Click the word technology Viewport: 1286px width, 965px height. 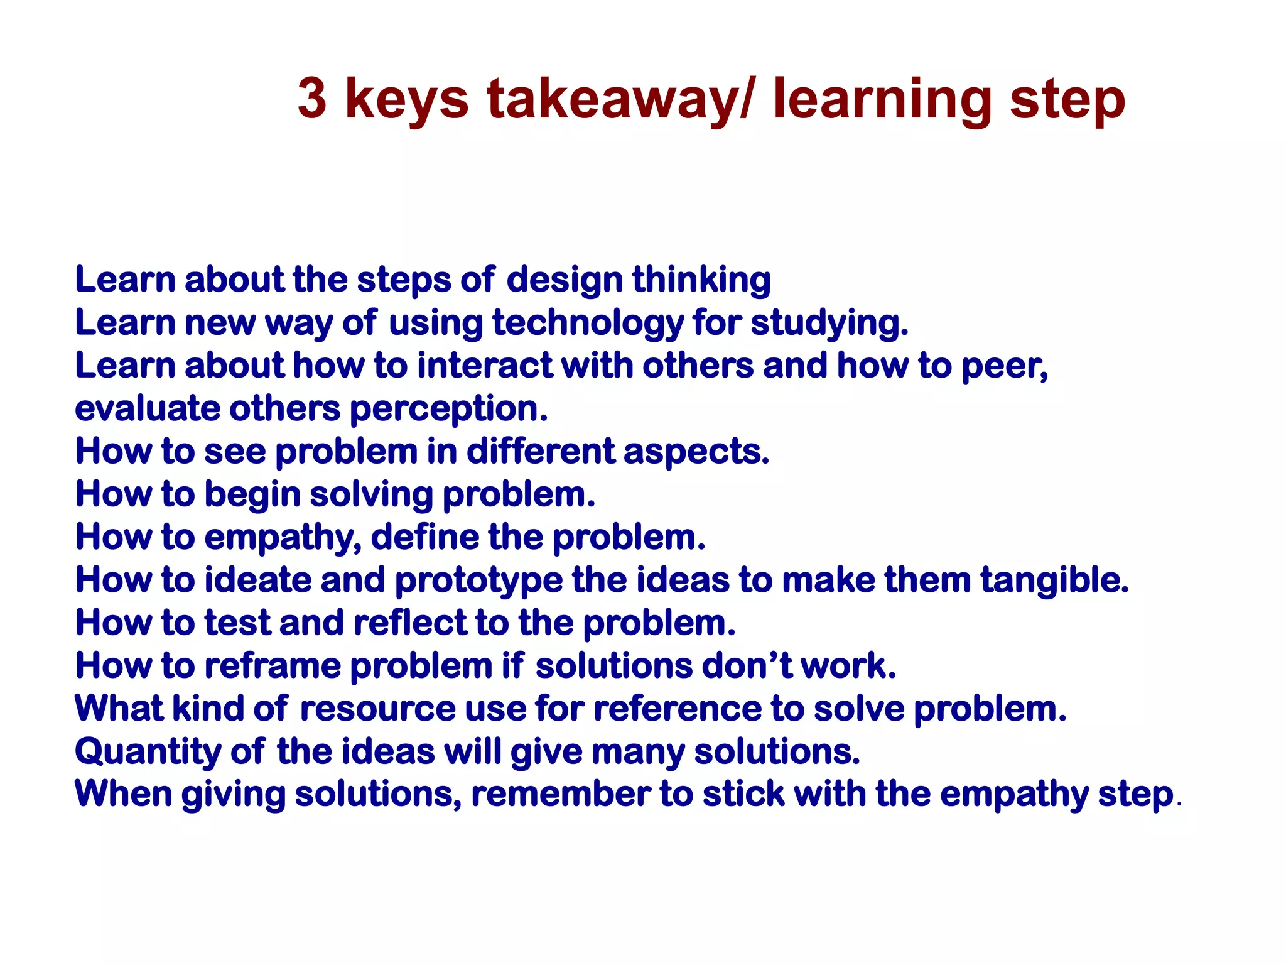point(588,324)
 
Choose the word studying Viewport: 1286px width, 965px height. point(829,324)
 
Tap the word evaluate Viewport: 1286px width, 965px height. point(147,409)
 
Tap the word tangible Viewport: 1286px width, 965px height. point(1054,580)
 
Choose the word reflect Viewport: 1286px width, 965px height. point(410,623)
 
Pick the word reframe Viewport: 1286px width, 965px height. point(273,666)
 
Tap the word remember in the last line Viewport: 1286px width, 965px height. point(561,794)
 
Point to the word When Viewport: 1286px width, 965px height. point(124,794)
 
